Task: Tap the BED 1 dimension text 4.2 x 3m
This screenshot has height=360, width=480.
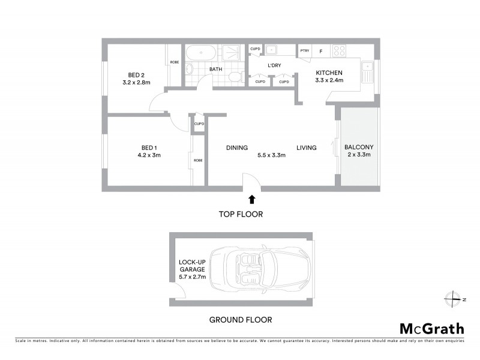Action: click(148, 155)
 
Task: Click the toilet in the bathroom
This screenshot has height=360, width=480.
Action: click(238, 77)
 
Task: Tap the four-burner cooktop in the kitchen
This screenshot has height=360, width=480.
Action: click(340, 52)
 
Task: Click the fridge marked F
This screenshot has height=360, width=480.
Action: click(321, 52)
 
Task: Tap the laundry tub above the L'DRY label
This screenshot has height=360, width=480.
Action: click(271, 50)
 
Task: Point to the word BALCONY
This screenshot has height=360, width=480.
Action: click(358, 147)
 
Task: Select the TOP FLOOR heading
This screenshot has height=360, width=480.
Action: click(240, 214)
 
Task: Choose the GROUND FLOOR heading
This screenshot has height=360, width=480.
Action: click(241, 320)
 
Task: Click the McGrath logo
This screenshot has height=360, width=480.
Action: click(431, 328)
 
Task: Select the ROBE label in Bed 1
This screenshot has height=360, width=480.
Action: click(198, 161)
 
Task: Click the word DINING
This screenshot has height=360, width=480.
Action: click(238, 148)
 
